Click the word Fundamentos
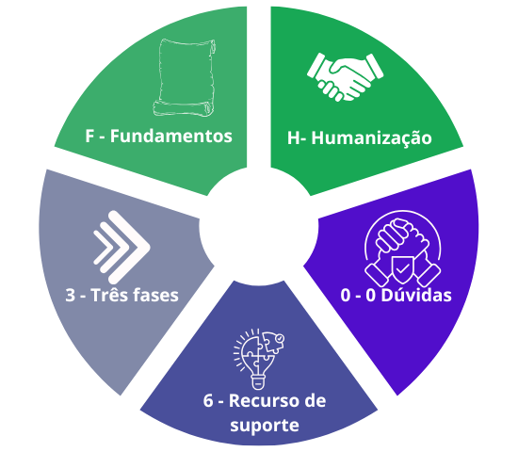171,137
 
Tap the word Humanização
371,138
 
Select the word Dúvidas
416,295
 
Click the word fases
156,295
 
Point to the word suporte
265,426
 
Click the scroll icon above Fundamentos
185,77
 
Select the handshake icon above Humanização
346,77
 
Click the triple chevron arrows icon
121,247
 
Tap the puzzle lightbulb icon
259,359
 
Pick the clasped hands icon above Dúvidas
402,249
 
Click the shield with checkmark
402,269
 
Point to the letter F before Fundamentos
89,137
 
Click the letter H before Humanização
293,138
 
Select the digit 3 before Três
70,295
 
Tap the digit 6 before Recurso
208,401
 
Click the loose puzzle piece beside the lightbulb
273,343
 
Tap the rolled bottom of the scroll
184,109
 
